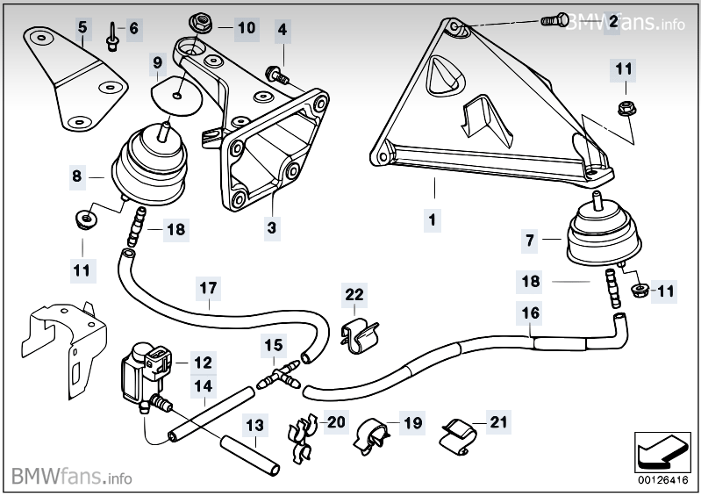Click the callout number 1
tap(432, 220)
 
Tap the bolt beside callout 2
tap(554, 20)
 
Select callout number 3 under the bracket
tap(272, 227)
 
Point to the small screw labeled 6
tap(111, 36)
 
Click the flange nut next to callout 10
tap(200, 22)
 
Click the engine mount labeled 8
tap(147, 168)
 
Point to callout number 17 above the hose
tap(208, 288)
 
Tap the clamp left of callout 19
tap(371, 435)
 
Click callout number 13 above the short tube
tap(254, 425)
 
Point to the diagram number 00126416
tap(662, 480)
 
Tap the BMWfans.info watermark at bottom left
tap(72, 476)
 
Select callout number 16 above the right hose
tap(531, 313)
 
